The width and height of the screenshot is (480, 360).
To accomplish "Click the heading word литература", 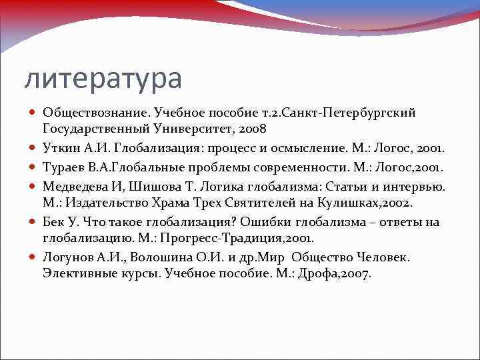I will point(103,79).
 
